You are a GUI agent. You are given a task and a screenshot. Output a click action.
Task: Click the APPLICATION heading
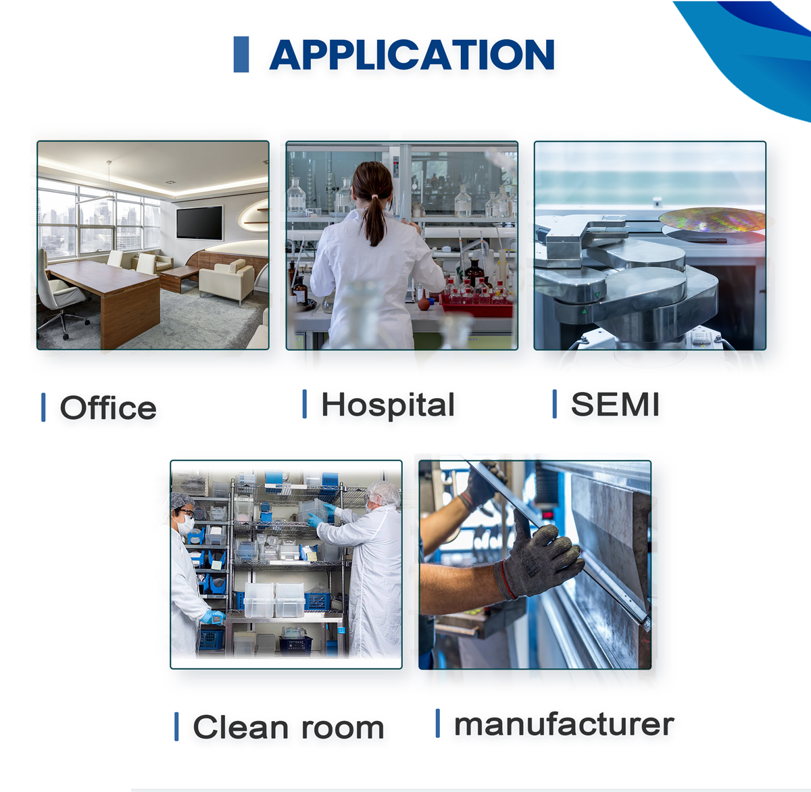[x=412, y=54]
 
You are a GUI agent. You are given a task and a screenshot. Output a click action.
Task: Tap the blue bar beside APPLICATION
[x=241, y=54]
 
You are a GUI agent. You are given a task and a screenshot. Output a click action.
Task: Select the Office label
[x=108, y=407]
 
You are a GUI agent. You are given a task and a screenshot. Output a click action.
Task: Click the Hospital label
[x=387, y=405]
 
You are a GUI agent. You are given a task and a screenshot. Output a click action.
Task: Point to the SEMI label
[x=615, y=404]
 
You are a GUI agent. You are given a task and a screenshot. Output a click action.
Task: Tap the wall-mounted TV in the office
[x=199, y=223]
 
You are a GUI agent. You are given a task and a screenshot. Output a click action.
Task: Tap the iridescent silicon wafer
[x=712, y=220]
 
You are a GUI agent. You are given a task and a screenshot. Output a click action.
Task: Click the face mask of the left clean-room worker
[x=186, y=524]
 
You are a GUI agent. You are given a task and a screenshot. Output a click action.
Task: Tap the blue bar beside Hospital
[x=305, y=403]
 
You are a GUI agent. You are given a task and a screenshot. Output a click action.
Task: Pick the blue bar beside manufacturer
[x=437, y=723]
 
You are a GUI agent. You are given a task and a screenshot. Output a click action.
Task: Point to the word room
[x=343, y=728]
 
